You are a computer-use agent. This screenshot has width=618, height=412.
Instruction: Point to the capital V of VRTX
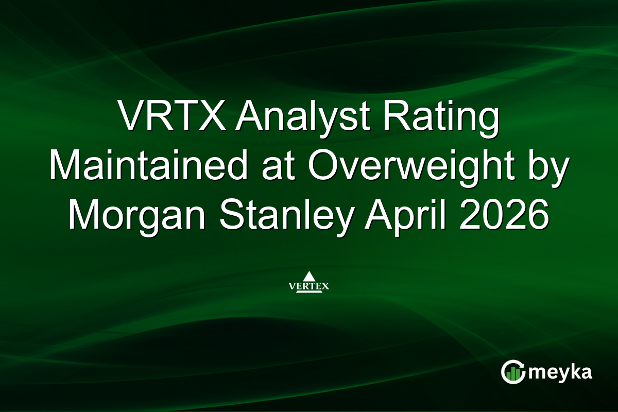pyautogui.click(x=129, y=117)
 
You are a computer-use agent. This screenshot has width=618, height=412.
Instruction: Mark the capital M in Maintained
pyautogui.click(x=66, y=166)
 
